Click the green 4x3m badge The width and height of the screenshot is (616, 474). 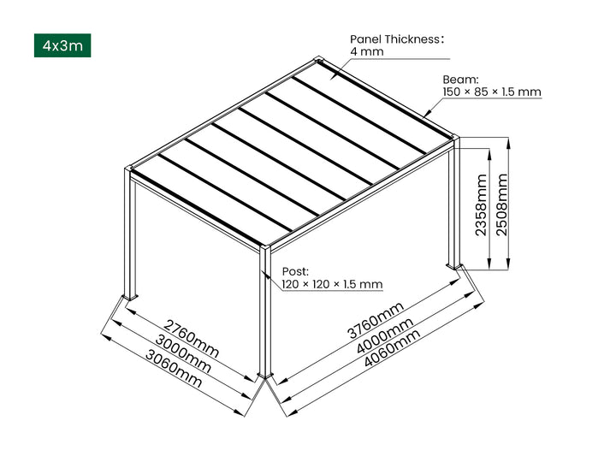pos(62,45)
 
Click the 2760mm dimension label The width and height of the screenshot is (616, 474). pos(192,338)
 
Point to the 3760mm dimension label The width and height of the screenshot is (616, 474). pos(376,320)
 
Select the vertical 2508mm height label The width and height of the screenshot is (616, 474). pos(502,204)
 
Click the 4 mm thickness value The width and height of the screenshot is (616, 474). pos(366,52)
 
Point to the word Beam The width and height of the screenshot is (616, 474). pos(460,79)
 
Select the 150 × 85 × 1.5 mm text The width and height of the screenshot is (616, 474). pos(491,92)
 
